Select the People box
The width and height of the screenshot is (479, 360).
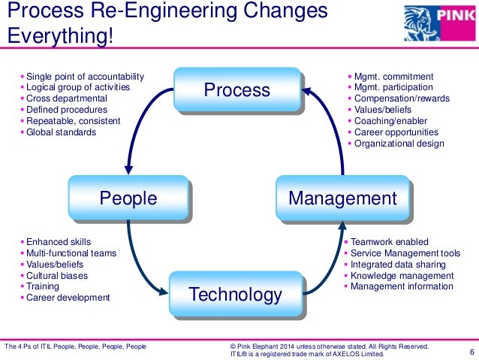[x=128, y=198]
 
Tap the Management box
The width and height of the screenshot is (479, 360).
[x=342, y=198]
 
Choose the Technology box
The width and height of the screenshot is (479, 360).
[x=236, y=294]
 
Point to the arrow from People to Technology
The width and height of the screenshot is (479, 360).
[x=143, y=267]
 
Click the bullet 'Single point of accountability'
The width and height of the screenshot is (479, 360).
[x=84, y=77]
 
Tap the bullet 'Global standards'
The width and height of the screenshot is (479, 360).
[x=61, y=132]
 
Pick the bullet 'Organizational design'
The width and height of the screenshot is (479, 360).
[x=399, y=144]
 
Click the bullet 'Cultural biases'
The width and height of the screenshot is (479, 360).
[x=56, y=275]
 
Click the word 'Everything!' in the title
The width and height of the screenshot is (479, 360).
[x=59, y=37]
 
